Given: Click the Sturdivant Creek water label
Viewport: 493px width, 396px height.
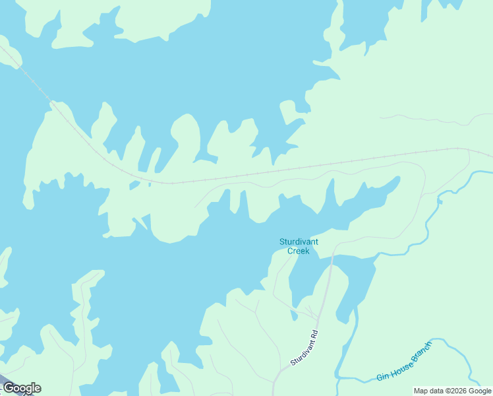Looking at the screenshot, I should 299,246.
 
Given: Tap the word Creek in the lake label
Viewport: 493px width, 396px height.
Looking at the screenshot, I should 299,251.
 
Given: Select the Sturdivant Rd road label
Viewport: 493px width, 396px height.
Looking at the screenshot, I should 304,348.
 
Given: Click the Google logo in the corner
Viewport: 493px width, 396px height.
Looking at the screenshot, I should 22,388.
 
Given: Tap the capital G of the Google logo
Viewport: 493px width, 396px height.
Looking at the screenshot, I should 9,388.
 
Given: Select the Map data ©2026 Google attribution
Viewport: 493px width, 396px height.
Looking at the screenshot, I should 452,391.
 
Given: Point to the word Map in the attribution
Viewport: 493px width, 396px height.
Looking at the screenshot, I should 421,391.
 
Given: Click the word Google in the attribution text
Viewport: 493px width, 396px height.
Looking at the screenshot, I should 479,391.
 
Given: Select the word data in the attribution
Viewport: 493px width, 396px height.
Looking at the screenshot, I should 437,391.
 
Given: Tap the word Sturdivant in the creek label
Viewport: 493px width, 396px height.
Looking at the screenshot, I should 299,242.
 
